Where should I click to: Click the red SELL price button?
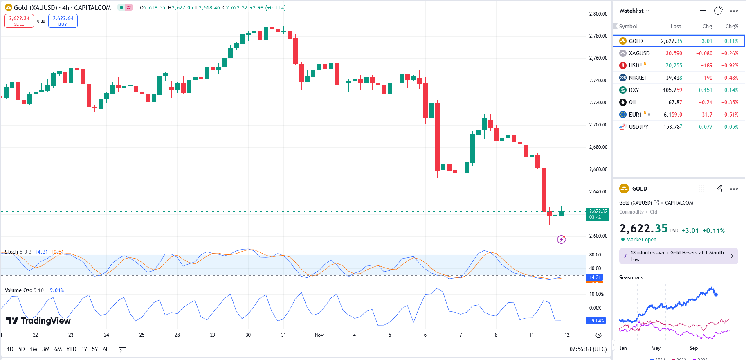click(x=19, y=21)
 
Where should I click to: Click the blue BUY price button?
click(x=63, y=21)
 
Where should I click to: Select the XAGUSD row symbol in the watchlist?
click(x=639, y=53)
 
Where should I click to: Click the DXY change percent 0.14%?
click(x=731, y=90)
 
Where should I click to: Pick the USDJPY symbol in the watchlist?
click(x=638, y=127)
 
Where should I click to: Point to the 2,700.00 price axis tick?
click(x=598, y=125)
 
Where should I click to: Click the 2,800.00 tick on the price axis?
click(x=598, y=14)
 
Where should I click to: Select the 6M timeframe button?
click(x=58, y=349)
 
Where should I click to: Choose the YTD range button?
click(x=72, y=349)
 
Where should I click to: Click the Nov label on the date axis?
click(x=319, y=335)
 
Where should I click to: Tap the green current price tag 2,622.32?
click(x=598, y=214)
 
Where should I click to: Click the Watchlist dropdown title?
click(x=634, y=11)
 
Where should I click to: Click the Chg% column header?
click(x=731, y=26)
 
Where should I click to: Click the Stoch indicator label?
click(x=11, y=252)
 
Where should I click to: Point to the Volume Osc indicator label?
click(x=18, y=290)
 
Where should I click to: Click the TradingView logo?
click(x=38, y=321)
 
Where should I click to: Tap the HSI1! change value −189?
click(x=706, y=65)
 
